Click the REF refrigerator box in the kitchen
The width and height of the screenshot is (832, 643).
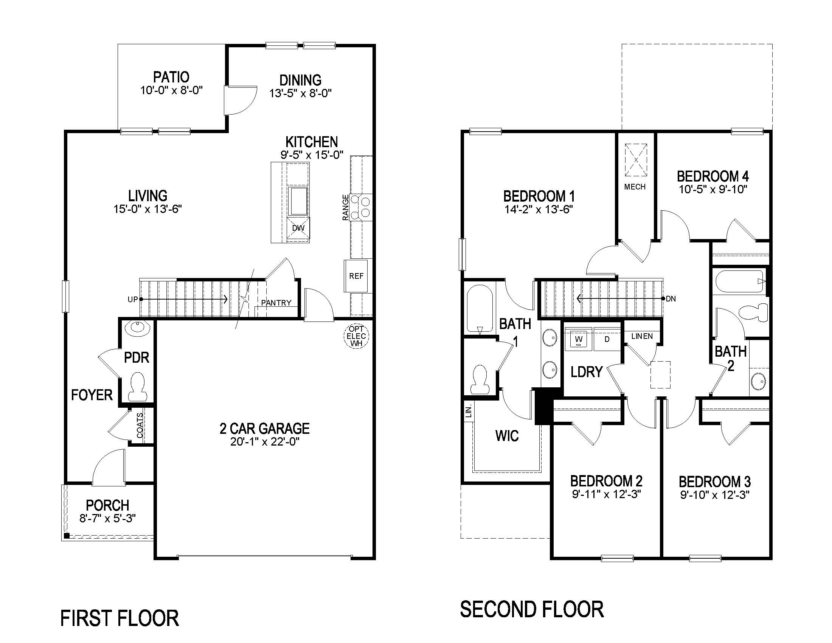[x=356, y=276]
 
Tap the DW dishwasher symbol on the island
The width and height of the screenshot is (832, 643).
[x=298, y=228]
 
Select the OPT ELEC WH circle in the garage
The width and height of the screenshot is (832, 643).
[x=356, y=336]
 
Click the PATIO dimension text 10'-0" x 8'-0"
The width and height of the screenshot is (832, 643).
[x=171, y=90]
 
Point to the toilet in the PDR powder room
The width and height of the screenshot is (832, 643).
[x=137, y=387]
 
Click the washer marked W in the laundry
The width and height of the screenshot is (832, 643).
[x=578, y=339]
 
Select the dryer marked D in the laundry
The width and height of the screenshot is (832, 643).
[x=607, y=339]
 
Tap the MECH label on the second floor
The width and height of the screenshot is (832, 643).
[x=635, y=186]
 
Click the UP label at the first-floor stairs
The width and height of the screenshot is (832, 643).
[x=132, y=300]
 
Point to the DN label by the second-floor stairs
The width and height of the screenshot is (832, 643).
[x=671, y=299]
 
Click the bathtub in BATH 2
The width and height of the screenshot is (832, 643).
[x=739, y=281]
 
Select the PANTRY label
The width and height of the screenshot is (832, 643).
[x=276, y=303]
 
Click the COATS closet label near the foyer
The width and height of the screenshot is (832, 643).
[x=140, y=425]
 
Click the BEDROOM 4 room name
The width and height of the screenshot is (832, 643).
[x=712, y=176]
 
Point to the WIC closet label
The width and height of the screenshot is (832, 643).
[x=507, y=435]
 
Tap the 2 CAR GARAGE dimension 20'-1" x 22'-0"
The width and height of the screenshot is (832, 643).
[x=264, y=442]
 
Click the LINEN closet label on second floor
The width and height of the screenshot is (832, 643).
[x=641, y=336]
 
